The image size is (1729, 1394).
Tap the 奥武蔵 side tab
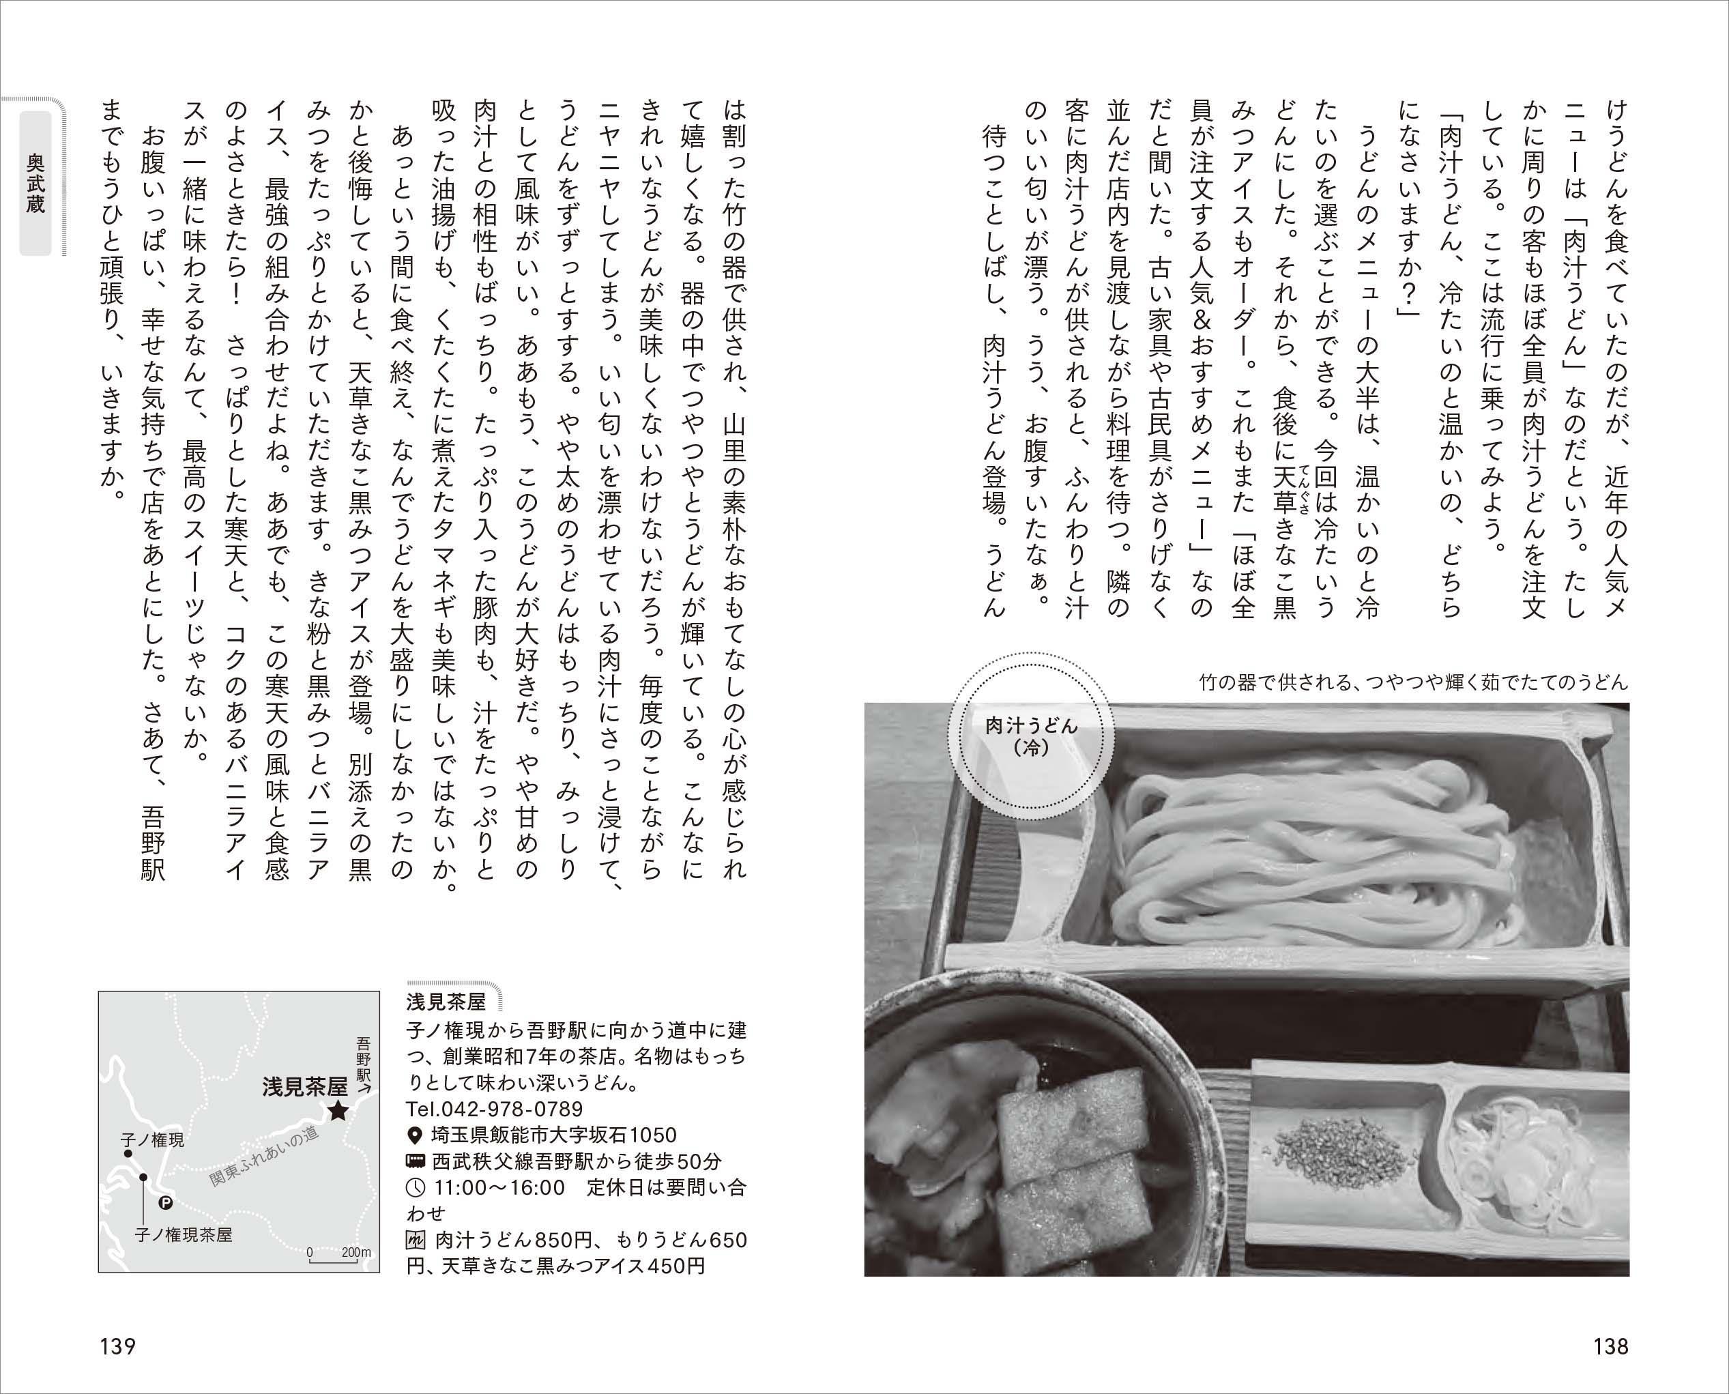pyautogui.click(x=35, y=184)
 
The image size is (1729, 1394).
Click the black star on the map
pyautogui.click(x=337, y=1112)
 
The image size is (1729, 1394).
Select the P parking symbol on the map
pyautogui.click(x=166, y=1202)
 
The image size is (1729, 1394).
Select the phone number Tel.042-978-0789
pyautogui.click(x=495, y=1109)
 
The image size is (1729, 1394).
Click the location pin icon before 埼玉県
pyautogui.click(x=415, y=1135)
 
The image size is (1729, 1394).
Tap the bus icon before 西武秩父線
pyautogui.click(x=415, y=1161)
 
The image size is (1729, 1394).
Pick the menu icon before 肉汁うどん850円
pyautogui.click(x=415, y=1240)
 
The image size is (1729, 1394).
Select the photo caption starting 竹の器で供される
pyautogui.click(x=1412, y=682)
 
